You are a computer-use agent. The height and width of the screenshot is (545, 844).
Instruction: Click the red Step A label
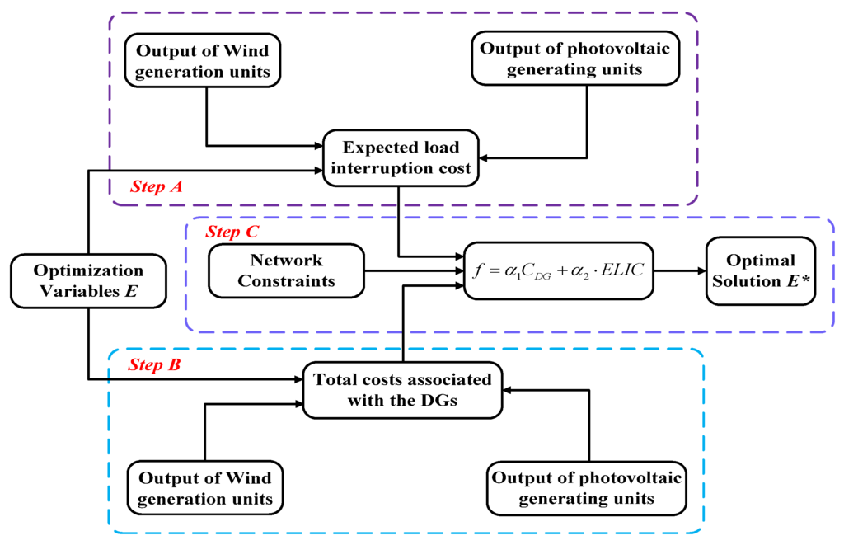157,187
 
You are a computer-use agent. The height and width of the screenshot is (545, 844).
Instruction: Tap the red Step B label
154,363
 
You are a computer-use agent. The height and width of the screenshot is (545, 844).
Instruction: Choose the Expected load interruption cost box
400,158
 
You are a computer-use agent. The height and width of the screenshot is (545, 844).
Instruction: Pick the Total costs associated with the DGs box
401,390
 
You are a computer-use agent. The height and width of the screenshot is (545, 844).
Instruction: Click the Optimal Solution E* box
759,270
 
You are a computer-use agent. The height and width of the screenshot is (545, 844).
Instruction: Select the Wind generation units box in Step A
202,60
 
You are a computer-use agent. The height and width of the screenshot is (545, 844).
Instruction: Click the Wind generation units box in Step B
205,488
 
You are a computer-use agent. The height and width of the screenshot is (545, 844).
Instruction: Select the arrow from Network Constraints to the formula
412,270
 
